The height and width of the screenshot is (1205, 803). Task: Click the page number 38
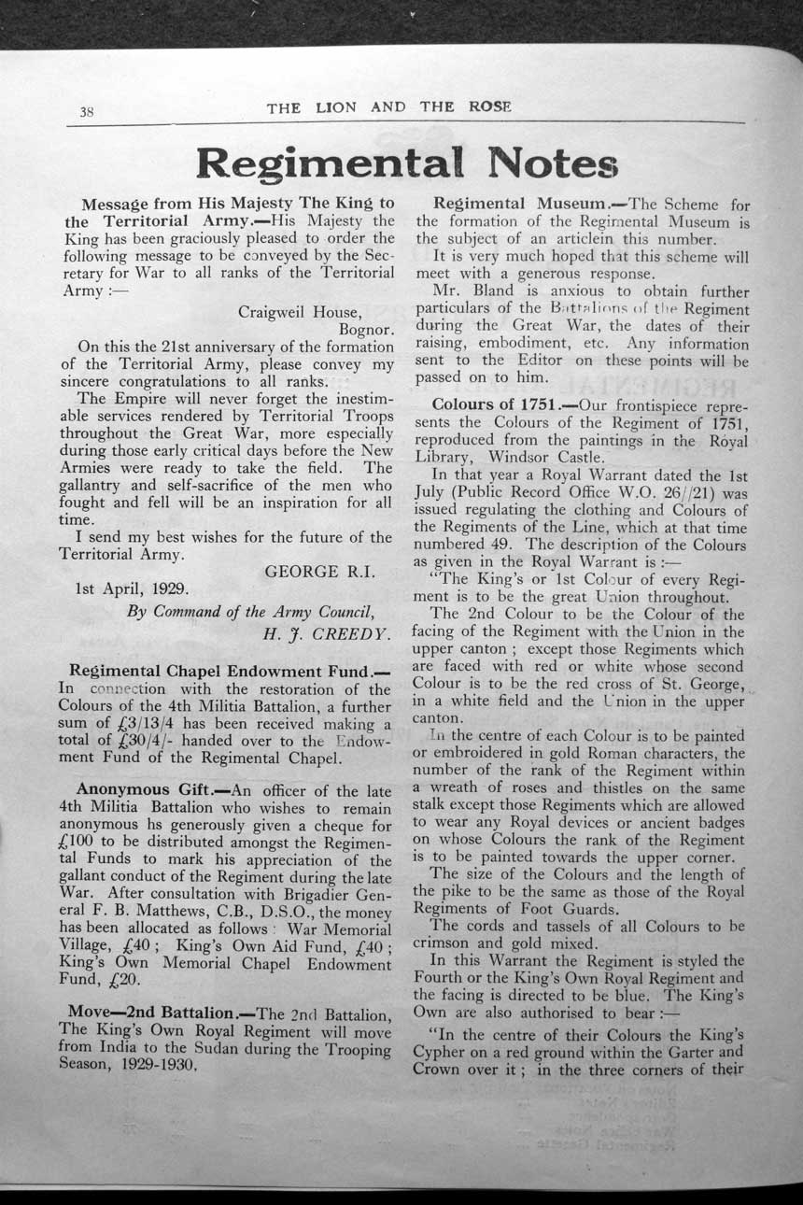tap(86, 112)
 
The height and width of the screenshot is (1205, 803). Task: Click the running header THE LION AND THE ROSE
tap(388, 107)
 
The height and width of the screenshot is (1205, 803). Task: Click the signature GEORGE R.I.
tap(320, 572)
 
